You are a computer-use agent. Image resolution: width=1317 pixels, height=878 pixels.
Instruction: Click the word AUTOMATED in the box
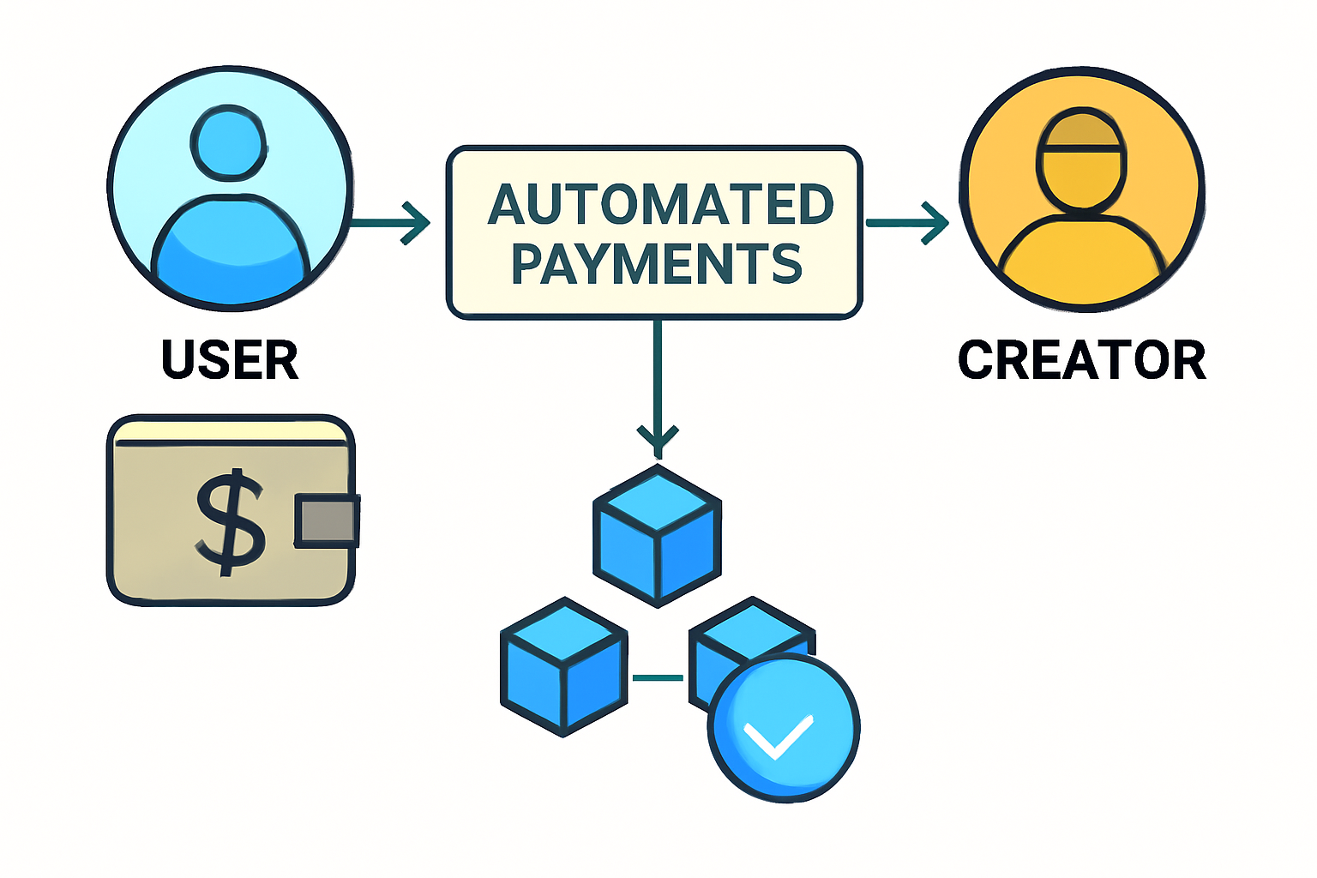coord(660,205)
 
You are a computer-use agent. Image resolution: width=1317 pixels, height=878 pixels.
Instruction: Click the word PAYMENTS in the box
coord(657,263)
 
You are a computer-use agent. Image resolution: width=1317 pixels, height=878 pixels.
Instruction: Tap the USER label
coord(230,360)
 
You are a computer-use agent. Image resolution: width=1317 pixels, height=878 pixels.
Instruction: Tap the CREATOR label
coord(1081,360)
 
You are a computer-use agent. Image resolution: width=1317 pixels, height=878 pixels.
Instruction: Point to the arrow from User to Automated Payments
coord(391,224)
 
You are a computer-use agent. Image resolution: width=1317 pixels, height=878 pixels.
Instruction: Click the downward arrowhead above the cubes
coord(658,439)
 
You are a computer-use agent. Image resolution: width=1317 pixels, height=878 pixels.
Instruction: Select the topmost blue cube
coord(658,535)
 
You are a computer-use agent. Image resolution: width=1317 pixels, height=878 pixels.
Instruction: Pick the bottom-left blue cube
coord(563,666)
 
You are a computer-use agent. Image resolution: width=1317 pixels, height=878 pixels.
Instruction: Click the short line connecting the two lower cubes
coord(658,678)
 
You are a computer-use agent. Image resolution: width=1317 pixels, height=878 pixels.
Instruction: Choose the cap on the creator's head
coord(1082,130)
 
